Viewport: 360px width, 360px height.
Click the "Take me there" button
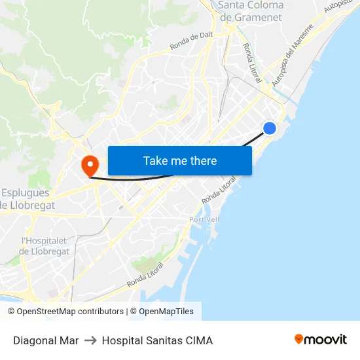point(180,160)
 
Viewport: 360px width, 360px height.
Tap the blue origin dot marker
point(269,128)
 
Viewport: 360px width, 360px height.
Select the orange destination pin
point(88,165)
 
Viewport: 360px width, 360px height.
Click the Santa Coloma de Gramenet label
point(251,11)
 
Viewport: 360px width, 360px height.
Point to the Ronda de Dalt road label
point(192,41)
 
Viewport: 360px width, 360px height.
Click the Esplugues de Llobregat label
point(28,199)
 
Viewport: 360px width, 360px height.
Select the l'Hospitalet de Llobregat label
point(45,246)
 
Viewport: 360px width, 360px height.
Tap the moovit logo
point(321,340)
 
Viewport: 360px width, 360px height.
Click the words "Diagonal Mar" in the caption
point(46,340)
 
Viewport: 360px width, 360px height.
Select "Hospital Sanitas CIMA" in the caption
point(157,340)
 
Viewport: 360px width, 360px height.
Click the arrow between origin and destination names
point(90,340)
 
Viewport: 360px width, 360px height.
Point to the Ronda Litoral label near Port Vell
point(219,190)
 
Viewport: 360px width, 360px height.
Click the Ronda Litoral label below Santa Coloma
point(253,63)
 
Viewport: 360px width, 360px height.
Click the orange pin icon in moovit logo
point(299,339)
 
